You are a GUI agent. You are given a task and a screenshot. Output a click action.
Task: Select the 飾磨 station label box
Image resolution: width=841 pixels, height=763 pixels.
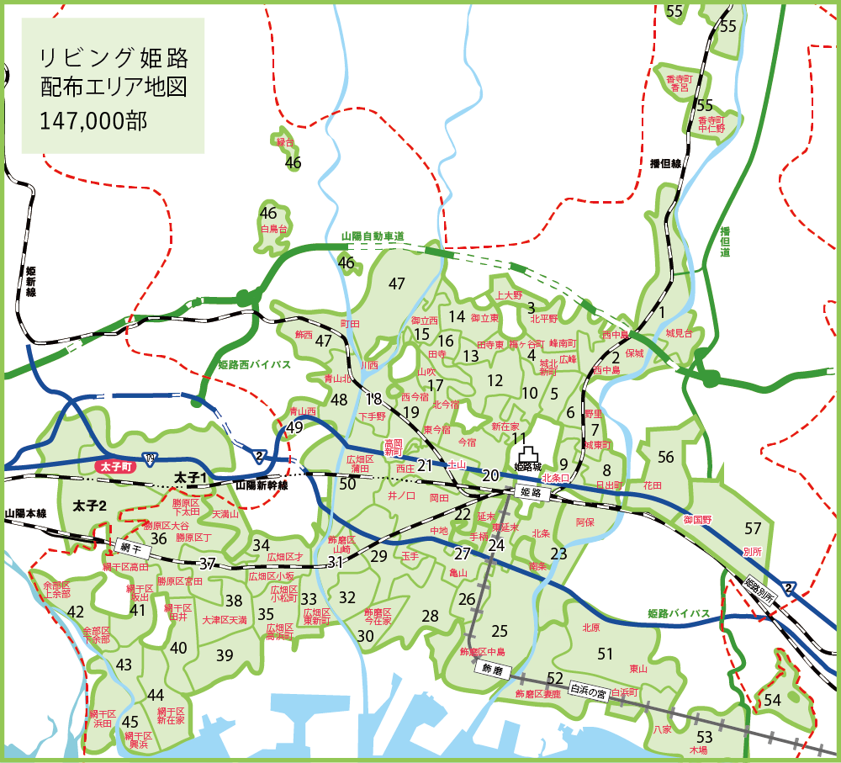pyautogui.click(x=491, y=668)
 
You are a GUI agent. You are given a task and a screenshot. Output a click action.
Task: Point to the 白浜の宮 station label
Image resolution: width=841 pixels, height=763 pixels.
pyautogui.click(x=588, y=692)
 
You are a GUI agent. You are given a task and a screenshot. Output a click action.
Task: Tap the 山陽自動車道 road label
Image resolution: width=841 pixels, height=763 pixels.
pyautogui.click(x=373, y=237)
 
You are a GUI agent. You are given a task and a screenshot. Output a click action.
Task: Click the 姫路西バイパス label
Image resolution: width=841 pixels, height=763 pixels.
pyautogui.click(x=254, y=365)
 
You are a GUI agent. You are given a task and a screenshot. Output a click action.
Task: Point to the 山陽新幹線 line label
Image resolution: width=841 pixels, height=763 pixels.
pyautogui.click(x=262, y=486)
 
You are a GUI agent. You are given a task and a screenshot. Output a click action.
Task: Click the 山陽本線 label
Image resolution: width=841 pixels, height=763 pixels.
pyautogui.click(x=25, y=513)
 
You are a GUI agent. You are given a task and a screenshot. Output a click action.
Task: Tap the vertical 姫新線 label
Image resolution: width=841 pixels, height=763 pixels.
pyautogui.click(x=31, y=281)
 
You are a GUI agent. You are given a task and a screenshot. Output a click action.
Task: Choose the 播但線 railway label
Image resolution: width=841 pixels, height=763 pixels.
pyautogui.click(x=665, y=163)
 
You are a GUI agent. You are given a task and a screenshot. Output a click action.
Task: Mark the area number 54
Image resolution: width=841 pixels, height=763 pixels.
pyautogui.click(x=773, y=699)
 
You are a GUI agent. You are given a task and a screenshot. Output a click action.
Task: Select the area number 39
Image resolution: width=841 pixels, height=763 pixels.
pyautogui.click(x=224, y=655)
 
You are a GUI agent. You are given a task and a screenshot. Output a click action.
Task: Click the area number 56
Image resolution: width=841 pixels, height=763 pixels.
pyautogui.click(x=666, y=457)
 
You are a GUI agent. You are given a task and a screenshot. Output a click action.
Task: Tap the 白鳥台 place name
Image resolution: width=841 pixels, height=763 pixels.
pyautogui.click(x=274, y=228)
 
